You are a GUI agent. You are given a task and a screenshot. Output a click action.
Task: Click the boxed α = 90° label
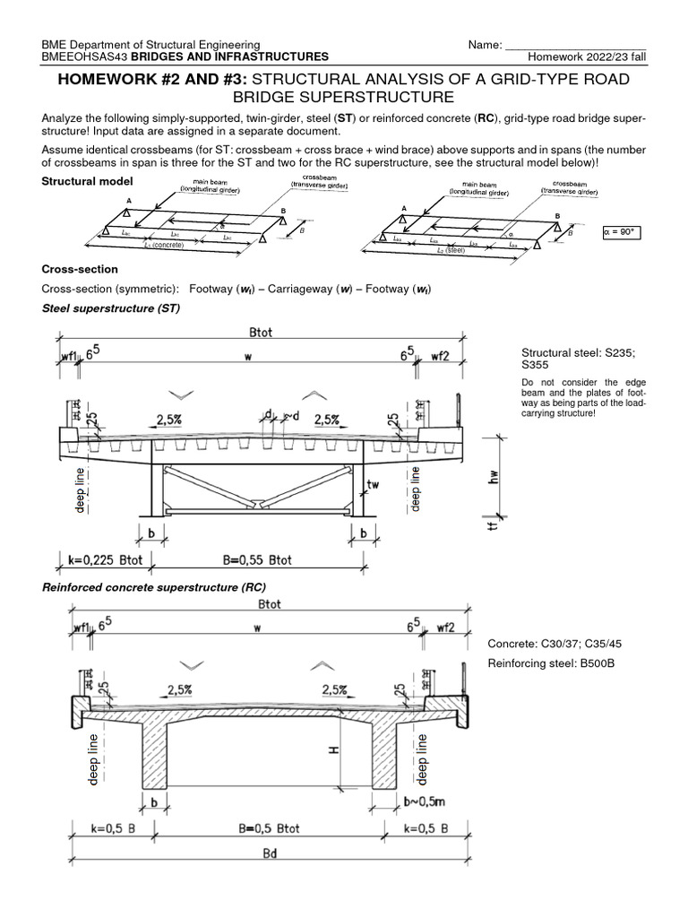click(626, 231)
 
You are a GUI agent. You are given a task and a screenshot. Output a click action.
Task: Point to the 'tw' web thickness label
click(374, 484)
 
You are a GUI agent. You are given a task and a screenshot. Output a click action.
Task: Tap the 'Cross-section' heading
click(80, 269)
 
